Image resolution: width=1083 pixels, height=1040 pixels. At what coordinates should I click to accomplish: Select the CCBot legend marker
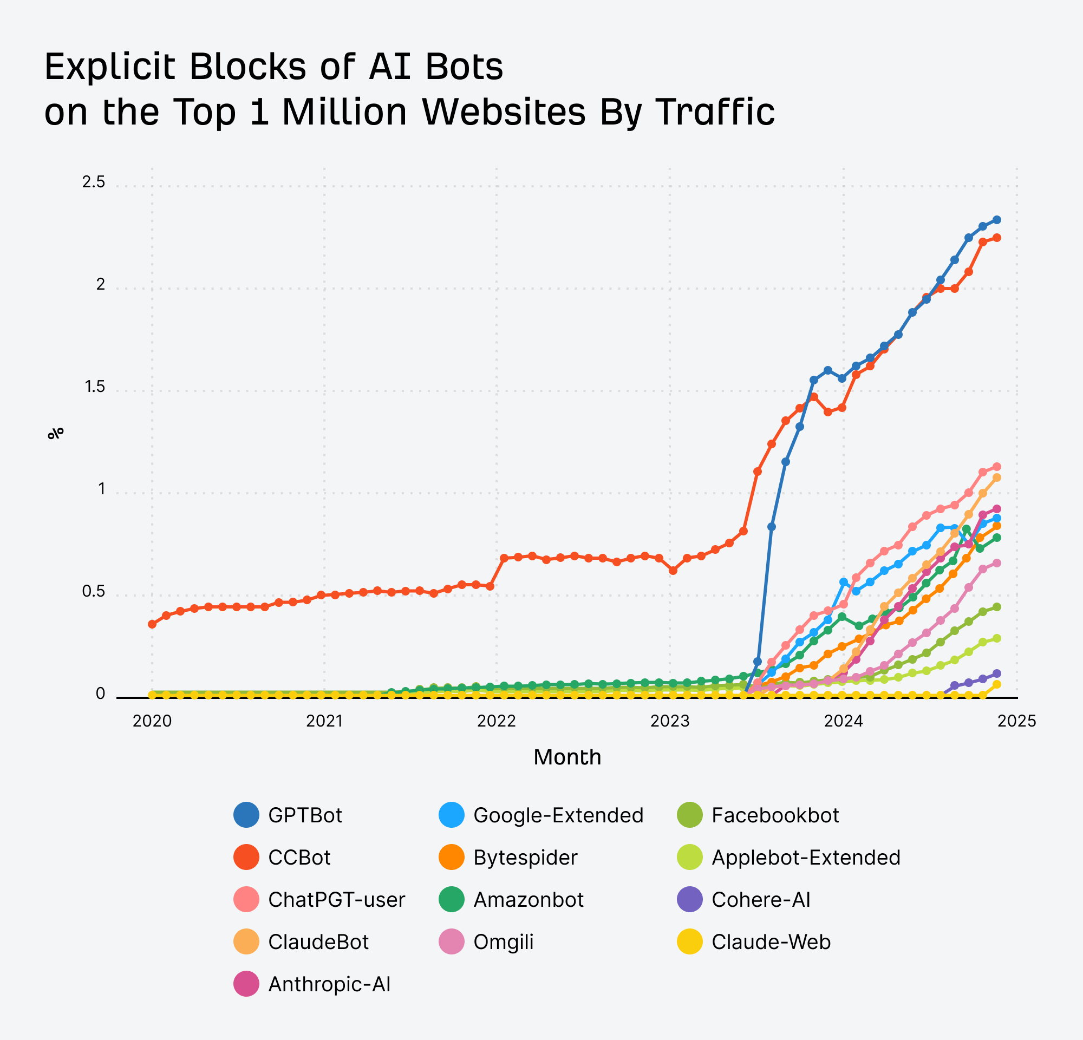click(246, 857)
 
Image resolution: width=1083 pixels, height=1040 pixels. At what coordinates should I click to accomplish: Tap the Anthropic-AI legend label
click(329, 984)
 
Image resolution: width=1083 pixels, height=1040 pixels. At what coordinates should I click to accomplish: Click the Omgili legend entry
click(503, 941)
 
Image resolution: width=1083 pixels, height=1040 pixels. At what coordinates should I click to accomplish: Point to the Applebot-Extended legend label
click(806, 857)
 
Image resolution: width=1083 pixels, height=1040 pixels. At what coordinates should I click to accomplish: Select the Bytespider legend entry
click(525, 857)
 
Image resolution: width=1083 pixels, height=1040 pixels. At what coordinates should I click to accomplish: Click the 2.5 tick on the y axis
click(93, 182)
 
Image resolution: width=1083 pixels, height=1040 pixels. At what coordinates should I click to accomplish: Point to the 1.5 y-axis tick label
click(94, 387)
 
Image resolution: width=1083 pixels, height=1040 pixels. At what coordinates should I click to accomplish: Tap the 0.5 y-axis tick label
click(93, 592)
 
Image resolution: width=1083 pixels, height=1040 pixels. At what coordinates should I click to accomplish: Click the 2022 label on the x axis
click(496, 721)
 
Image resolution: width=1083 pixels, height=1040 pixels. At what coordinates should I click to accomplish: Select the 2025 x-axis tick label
click(1017, 721)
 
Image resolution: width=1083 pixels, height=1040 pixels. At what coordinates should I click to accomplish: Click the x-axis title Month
click(567, 757)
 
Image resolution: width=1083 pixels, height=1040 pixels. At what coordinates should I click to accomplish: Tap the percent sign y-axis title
click(56, 434)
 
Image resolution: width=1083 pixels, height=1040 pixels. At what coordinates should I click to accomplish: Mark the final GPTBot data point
click(997, 220)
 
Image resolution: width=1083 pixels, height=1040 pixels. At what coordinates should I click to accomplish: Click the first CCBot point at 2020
click(152, 624)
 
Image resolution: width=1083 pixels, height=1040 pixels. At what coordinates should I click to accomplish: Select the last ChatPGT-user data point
click(997, 467)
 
